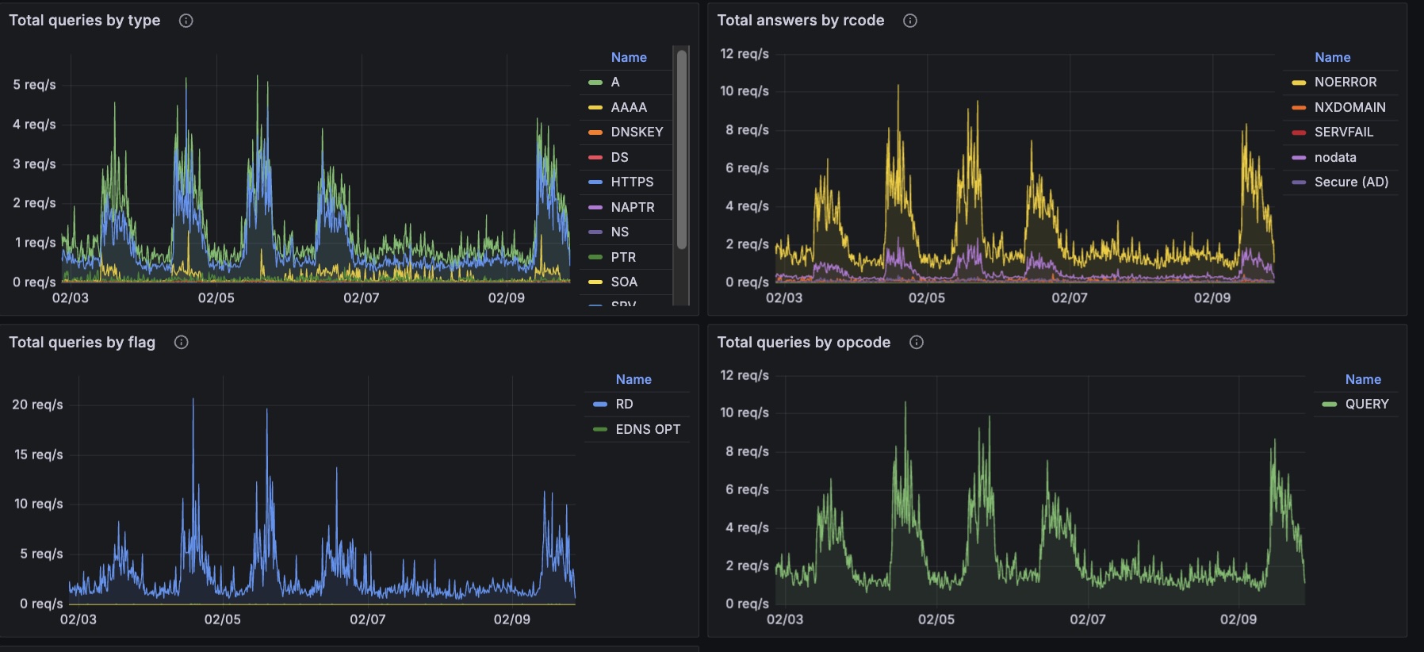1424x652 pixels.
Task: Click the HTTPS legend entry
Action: (631, 182)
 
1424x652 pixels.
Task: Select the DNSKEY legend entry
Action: (636, 132)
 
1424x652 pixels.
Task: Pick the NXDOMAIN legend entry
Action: (1349, 107)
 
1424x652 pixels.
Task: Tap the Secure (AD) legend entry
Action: (1350, 182)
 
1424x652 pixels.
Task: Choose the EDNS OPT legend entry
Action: (647, 429)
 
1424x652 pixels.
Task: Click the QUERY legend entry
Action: (1366, 404)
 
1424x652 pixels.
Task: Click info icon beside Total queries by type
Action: (186, 21)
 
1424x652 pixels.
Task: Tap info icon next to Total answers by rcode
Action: (910, 21)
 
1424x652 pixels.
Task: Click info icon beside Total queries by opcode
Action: (917, 342)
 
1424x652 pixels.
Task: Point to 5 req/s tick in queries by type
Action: (34, 85)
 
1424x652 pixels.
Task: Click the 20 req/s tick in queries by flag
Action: (37, 405)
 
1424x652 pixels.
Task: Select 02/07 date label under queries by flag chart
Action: (367, 619)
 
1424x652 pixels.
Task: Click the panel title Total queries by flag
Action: (82, 342)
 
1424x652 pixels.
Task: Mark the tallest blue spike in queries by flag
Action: (193, 400)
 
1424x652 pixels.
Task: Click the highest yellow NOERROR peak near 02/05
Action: (898, 86)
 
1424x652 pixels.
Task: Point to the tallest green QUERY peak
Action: (905, 404)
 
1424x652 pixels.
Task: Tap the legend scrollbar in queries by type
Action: (681, 151)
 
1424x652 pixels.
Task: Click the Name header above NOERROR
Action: (1332, 57)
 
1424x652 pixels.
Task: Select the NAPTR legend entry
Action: (632, 207)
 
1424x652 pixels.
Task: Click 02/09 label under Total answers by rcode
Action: (1212, 297)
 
